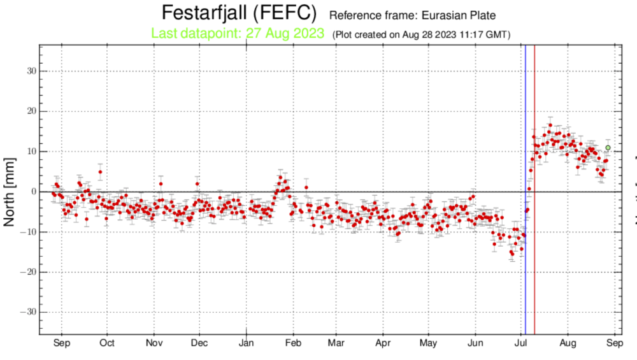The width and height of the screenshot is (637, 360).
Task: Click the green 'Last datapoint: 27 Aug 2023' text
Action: [238, 33]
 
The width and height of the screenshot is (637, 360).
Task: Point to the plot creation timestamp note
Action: [422, 34]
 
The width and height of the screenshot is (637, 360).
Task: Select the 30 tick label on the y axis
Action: [29, 71]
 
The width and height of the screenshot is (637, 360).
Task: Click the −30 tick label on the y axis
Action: [26, 312]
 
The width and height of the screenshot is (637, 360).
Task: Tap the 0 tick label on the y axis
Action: [32, 192]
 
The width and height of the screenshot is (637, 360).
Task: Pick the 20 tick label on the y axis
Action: [29, 111]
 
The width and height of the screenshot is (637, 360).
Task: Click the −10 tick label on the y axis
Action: [26, 232]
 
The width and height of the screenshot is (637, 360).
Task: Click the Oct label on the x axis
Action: [107, 344]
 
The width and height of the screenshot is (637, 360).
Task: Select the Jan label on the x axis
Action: [247, 344]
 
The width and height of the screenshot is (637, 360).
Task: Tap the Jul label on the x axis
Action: [521, 344]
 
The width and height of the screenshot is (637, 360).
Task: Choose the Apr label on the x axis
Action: [383, 344]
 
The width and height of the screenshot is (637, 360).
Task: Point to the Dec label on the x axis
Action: [199, 344]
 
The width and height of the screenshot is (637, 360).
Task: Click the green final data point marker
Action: [608, 148]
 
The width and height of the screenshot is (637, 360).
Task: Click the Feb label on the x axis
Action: [293, 344]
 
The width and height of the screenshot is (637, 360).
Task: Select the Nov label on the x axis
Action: [154, 344]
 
